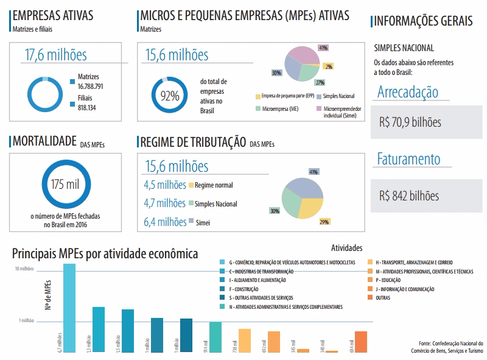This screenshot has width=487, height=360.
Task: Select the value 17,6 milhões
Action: point(55,55)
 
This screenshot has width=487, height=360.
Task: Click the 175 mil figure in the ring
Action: point(65,185)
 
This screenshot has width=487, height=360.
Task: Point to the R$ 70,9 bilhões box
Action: point(426,122)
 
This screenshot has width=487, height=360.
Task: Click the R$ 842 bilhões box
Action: point(426,196)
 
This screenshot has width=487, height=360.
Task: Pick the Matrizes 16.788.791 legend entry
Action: point(90,82)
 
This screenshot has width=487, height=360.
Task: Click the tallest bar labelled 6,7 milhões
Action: point(69,308)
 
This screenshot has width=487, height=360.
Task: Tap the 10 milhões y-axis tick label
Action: point(26,269)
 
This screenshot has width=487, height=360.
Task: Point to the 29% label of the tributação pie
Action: point(324,222)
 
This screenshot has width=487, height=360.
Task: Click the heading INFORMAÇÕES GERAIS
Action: point(422,21)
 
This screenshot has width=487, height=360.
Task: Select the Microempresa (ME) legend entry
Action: point(279,108)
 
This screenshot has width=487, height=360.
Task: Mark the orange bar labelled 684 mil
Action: point(361,342)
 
